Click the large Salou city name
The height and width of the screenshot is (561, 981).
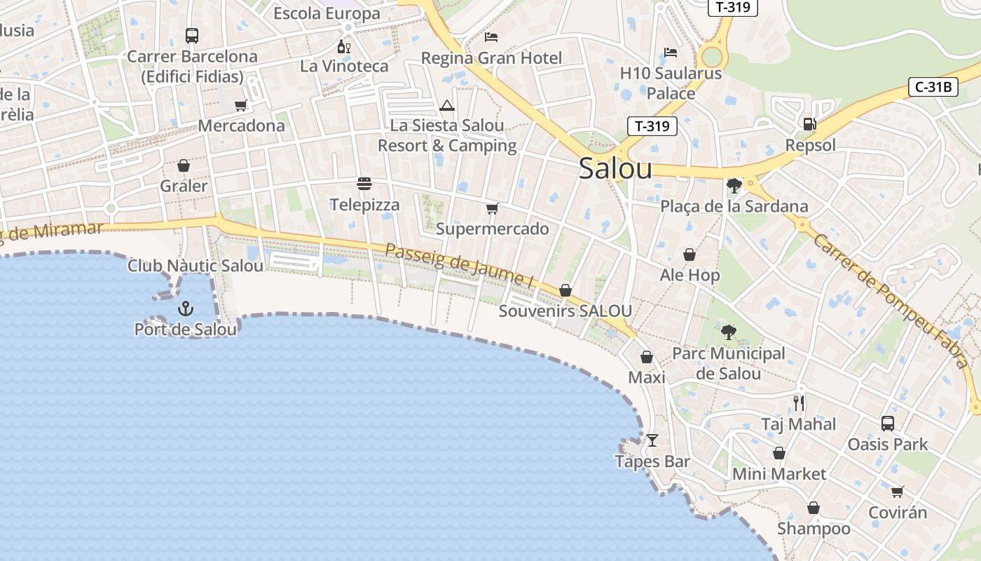point(615,169)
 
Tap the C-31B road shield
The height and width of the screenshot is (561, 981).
point(933,88)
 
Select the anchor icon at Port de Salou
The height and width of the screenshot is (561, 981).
point(185,308)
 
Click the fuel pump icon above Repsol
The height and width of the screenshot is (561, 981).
point(809,124)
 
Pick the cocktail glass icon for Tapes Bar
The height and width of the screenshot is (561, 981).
point(652,440)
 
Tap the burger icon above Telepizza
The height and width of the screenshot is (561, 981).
point(364,184)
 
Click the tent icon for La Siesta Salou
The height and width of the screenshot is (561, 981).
point(447,106)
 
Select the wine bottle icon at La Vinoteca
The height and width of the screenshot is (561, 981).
point(343,46)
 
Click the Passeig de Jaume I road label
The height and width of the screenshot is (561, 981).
point(460,264)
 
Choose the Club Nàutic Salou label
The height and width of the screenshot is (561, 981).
point(195,266)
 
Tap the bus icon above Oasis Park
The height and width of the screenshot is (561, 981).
point(888,423)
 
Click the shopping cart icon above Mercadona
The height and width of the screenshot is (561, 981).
point(241,105)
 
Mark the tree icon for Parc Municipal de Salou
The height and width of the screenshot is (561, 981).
point(729,332)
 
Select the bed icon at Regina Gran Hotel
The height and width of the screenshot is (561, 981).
point(491,36)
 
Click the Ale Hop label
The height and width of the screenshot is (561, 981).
point(690,275)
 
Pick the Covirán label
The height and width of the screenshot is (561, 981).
point(898,513)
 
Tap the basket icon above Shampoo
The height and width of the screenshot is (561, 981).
point(814,508)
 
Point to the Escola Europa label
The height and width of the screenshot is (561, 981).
point(327,13)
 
